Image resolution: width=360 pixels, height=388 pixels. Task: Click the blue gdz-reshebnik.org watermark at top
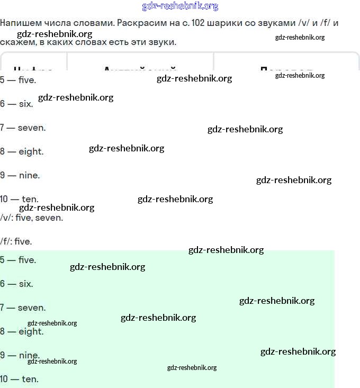180,6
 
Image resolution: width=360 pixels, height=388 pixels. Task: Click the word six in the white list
26,104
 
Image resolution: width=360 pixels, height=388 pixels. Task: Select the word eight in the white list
31,151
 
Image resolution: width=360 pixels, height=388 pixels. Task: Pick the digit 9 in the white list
3,175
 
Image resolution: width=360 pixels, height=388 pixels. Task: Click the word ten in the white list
30,199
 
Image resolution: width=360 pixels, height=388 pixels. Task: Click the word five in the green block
27,260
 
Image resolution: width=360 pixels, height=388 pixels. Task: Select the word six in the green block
26,284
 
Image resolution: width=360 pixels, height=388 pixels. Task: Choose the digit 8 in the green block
3,331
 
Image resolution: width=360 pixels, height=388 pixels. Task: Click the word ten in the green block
30,379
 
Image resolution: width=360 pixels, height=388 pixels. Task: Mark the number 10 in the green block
4,379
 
